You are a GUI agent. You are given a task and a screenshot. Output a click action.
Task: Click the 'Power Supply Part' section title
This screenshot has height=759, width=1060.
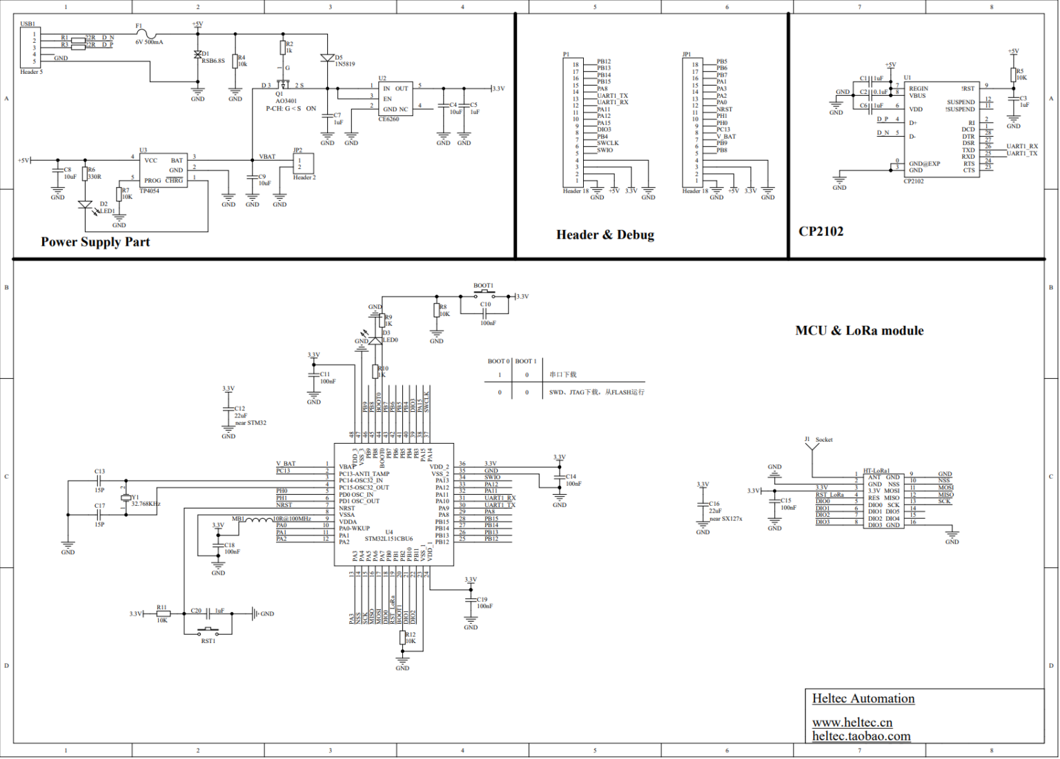[x=95, y=242]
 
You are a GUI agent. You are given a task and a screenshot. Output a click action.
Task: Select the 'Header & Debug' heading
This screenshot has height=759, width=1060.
[x=605, y=235]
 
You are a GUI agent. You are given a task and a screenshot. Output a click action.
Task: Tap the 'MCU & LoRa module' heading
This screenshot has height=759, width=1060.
[x=858, y=331]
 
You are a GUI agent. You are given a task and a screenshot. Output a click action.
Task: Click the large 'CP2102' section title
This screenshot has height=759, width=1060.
[x=821, y=232]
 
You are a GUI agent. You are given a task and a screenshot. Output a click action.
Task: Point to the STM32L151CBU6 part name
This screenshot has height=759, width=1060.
[x=389, y=539]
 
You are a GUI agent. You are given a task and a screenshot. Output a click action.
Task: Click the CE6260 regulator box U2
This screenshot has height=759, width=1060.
[x=395, y=99]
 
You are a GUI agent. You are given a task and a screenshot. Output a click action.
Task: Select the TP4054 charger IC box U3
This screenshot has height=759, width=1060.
[x=163, y=170]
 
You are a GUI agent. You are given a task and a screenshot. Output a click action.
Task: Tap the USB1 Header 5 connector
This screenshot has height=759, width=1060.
[x=30, y=48]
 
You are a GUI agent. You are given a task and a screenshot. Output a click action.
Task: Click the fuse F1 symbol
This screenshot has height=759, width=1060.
[x=146, y=33]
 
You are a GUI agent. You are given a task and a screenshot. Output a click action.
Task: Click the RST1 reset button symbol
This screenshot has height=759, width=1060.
[x=208, y=631]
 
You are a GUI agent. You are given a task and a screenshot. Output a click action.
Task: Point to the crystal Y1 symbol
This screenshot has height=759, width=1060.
[x=126, y=497]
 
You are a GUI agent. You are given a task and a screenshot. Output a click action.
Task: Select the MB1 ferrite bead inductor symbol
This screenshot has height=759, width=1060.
[x=259, y=520]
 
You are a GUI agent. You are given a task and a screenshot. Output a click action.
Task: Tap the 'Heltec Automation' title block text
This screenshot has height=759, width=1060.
[x=863, y=699]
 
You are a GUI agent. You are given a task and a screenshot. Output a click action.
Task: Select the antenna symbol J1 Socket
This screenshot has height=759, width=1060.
[x=812, y=446]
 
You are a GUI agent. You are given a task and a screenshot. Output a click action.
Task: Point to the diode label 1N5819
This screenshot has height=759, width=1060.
[x=344, y=64]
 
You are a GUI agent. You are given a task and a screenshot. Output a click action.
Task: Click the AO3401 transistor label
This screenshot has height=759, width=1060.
[x=286, y=101]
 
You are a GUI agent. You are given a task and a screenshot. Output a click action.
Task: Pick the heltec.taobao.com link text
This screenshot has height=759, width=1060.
[x=861, y=736]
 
